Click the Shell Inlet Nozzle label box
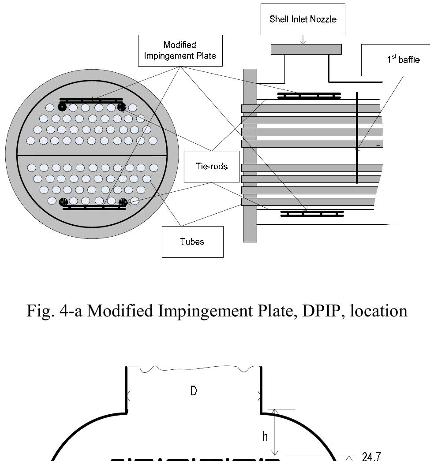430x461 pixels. pos(303,19)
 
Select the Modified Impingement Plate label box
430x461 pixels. pos(179,51)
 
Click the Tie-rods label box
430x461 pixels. pos(211,166)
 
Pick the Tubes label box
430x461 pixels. pos(192,242)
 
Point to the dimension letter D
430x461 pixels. pos(193,391)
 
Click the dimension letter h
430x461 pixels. pos(265,436)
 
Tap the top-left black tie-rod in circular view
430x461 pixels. pos(62,107)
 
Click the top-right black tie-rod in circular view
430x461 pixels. pos(121,107)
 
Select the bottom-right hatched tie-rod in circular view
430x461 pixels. pos(123,202)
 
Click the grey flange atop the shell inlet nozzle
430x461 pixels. pos(306,49)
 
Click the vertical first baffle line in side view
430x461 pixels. pos(357,137)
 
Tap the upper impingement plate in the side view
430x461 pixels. pos(309,96)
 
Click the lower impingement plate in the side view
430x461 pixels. pos(312,214)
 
